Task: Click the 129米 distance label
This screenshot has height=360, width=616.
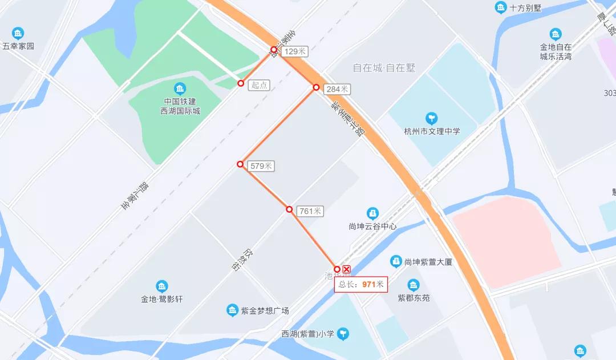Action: [x=295, y=51]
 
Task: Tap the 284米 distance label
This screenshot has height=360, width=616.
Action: [x=337, y=89]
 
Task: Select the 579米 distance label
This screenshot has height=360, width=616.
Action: [x=262, y=166]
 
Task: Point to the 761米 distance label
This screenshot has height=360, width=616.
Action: [x=310, y=211]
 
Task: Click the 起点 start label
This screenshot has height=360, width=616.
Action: [x=260, y=85]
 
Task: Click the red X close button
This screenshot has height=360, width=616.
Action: [x=346, y=269]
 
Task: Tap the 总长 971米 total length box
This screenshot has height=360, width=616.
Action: [x=361, y=284]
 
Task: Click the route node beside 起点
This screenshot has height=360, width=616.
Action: [x=241, y=83]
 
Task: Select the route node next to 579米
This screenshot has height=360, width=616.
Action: [x=240, y=164]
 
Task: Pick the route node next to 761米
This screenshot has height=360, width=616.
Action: [x=289, y=209]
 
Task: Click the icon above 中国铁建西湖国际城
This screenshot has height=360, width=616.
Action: [x=180, y=88]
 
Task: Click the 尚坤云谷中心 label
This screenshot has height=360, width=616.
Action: [x=372, y=226]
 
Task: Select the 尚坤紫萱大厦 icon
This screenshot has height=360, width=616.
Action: [x=395, y=261]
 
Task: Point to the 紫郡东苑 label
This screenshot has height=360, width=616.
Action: [x=414, y=298]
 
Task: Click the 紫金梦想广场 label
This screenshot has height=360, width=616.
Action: [x=265, y=311]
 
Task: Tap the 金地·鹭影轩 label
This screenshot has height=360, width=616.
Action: [x=162, y=299]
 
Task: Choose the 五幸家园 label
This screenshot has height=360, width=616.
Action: [x=18, y=46]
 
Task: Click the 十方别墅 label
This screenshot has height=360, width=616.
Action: [x=525, y=8]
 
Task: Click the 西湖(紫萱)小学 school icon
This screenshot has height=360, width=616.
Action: [x=343, y=334]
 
